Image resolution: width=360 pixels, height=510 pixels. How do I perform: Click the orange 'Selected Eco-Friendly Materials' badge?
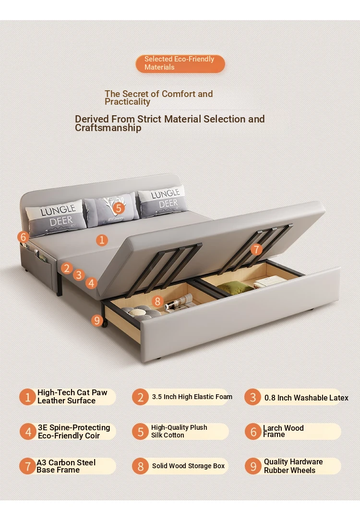tap(180, 63)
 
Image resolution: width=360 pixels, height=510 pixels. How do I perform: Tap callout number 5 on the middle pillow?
tap(119, 208)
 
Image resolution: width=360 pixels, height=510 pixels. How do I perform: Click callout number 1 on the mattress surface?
tap(102, 240)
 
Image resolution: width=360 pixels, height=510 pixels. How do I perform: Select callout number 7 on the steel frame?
tap(256, 249)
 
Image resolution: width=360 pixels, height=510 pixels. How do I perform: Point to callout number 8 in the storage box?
tap(157, 301)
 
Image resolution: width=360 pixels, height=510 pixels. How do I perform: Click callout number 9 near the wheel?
tap(97, 320)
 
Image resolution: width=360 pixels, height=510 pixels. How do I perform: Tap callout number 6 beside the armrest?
tap(23, 237)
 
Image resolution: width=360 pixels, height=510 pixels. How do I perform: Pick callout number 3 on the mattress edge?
tap(79, 275)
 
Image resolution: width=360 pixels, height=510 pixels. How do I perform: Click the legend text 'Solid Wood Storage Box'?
tap(188, 466)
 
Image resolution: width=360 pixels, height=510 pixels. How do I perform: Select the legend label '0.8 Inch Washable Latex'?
tap(306, 398)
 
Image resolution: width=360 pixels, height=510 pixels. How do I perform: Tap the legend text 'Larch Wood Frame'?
tap(283, 431)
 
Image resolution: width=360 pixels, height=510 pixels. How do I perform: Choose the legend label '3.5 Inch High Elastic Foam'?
tap(192, 397)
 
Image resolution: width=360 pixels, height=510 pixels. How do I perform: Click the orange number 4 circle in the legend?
tap(28, 432)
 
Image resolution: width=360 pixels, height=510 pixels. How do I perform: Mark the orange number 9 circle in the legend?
tap(253, 466)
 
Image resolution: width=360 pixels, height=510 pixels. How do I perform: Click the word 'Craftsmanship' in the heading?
tap(108, 128)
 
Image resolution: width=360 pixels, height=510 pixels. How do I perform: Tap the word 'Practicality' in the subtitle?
tap(127, 102)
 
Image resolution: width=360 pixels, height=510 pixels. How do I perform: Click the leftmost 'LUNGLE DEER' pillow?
tap(56, 217)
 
